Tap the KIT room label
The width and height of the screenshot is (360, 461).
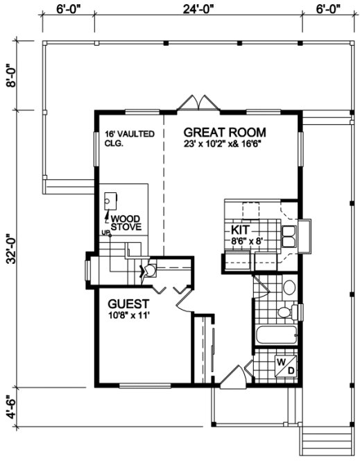[241, 228]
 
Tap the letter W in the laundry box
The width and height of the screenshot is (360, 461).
[283, 362]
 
